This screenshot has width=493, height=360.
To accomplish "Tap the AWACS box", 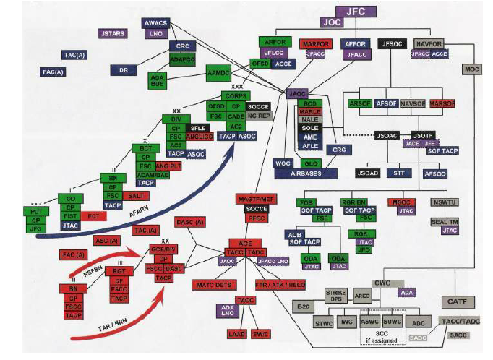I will (155, 23).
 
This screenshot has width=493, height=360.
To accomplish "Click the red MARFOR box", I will (315, 44).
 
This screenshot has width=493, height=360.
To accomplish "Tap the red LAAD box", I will (238, 335).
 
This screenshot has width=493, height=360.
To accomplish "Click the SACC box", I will (458, 335).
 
